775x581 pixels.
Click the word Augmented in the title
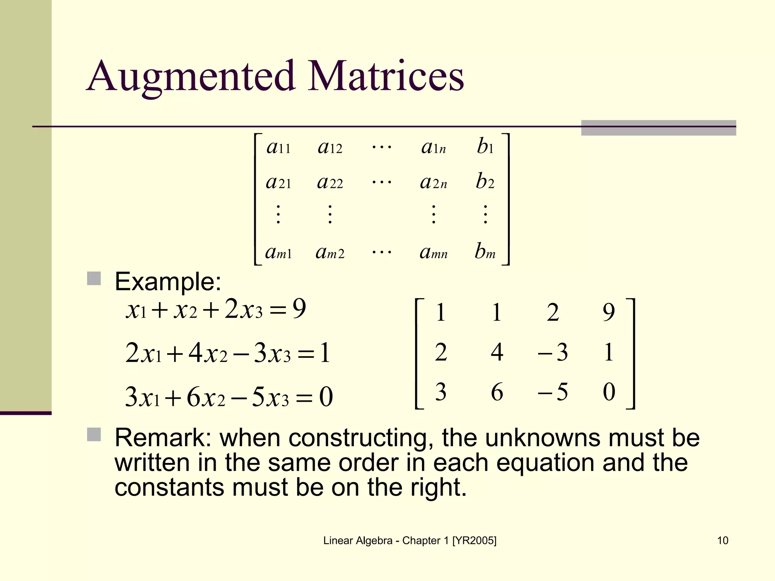[191, 77]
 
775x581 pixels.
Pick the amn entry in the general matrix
[433, 252]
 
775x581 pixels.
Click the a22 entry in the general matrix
[330, 182]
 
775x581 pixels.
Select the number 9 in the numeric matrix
[608, 312]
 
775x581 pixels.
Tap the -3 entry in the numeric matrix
[553, 352]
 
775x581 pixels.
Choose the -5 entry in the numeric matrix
[553, 392]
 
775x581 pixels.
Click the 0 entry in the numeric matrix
[609, 392]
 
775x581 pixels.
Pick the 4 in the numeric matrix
[497, 352]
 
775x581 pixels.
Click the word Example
[168, 282]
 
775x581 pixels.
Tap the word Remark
[160, 438]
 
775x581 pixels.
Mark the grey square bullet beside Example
[94, 278]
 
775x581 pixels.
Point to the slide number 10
[722, 541]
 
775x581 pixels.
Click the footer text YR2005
[474, 541]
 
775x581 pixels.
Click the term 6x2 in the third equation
[206, 397]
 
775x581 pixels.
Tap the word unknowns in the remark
[543, 438]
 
